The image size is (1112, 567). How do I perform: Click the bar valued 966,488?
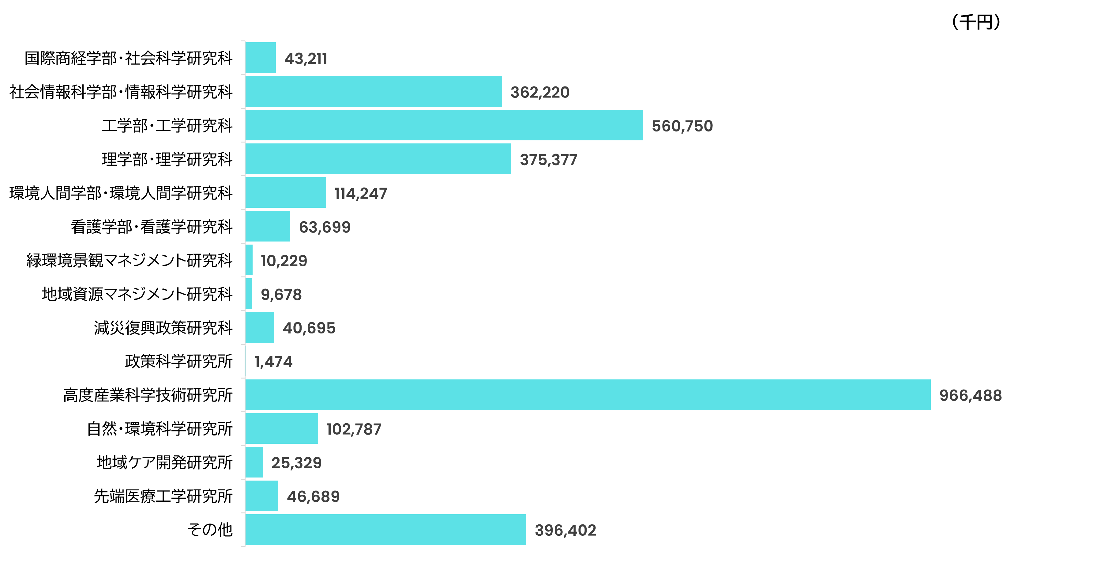tap(588, 394)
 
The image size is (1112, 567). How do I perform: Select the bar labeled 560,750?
tap(444, 125)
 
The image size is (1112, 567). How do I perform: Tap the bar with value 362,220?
tap(374, 91)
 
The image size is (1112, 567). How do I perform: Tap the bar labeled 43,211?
tap(260, 58)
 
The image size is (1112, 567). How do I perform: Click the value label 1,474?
tap(273, 362)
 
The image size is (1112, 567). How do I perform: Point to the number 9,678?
tap(281, 294)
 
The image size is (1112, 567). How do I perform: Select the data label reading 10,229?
tap(284, 261)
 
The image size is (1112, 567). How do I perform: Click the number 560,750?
tap(682, 126)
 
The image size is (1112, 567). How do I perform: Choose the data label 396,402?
tap(565, 530)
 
